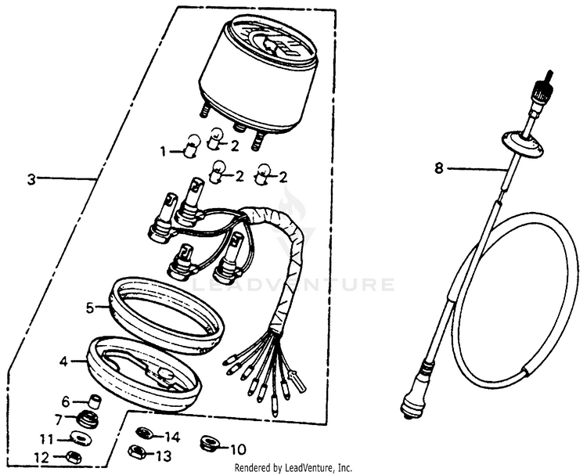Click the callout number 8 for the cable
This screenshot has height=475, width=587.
[439, 168]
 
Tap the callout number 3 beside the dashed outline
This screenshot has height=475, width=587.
[31, 179]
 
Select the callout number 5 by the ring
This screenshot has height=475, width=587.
[90, 308]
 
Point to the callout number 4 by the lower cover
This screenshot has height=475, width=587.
[63, 362]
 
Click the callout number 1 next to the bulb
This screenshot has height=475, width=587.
[163, 152]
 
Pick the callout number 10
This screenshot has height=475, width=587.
[238, 449]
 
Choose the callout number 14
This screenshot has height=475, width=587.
[173, 437]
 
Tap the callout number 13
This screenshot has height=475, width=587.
[164, 456]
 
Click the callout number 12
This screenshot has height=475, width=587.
[41, 458]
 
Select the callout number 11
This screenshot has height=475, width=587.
[47, 439]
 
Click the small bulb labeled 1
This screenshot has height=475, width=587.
[192, 146]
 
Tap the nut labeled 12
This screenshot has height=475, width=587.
[73, 457]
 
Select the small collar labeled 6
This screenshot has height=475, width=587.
[94, 401]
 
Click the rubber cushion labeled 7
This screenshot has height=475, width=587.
[88, 419]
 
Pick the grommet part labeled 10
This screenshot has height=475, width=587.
[207, 444]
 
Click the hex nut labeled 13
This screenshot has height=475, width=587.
[137, 452]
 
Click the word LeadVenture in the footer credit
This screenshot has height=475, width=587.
[311, 467]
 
